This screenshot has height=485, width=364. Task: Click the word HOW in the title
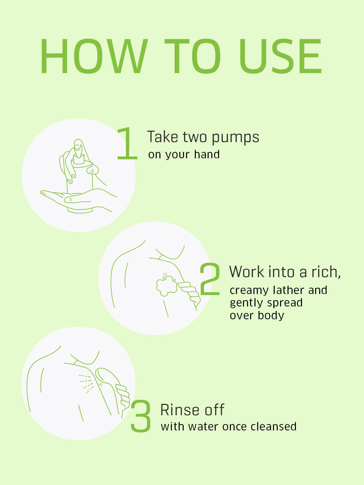tap(94, 56)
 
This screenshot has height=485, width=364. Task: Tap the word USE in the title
tap(280, 56)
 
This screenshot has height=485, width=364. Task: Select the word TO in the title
tap(192, 56)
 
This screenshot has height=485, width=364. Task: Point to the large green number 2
tap(210, 279)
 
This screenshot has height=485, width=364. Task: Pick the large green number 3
tap(141, 416)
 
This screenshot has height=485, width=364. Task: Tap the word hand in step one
tap(207, 154)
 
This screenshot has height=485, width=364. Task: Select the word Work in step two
tap(247, 271)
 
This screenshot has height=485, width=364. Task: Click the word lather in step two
tap(289, 290)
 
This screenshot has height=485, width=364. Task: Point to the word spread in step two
tap(285, 303)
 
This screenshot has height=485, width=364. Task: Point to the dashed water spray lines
tap(86, 384)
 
